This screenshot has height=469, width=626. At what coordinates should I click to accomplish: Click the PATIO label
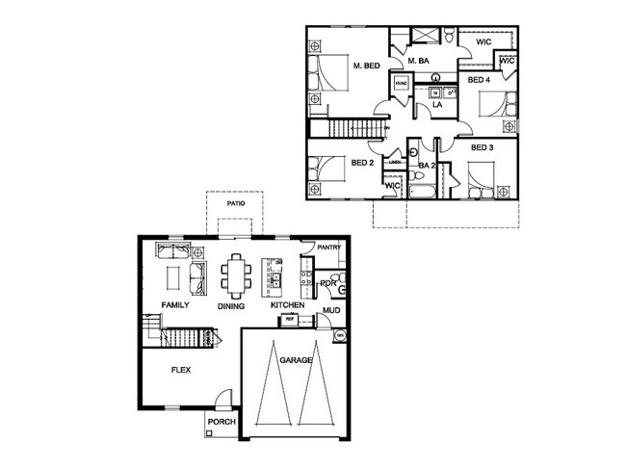[235, 204]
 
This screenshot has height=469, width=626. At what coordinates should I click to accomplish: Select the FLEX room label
[180, 369]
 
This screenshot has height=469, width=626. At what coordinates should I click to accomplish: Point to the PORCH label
[221, 421]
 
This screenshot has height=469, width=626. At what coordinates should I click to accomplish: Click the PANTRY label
[329, 247]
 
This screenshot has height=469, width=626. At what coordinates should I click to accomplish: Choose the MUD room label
[331, 311]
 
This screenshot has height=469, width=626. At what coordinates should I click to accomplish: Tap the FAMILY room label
[174, 305]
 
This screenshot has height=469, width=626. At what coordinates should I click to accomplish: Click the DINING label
[231, 306]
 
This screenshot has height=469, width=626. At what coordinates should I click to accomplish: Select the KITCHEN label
[287, 305]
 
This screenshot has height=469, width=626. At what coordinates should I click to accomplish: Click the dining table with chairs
[236, 274]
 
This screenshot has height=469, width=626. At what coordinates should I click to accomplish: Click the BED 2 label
[362, 163]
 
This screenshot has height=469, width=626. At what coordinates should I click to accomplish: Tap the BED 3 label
[482, 147]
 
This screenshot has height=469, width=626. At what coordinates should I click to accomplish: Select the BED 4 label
[479, 81]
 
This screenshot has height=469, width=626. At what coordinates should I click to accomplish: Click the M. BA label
[418, 62]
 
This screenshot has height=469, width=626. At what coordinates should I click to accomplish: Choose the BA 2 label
[428, 166]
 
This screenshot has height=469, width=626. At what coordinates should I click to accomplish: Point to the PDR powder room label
[327, 283]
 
